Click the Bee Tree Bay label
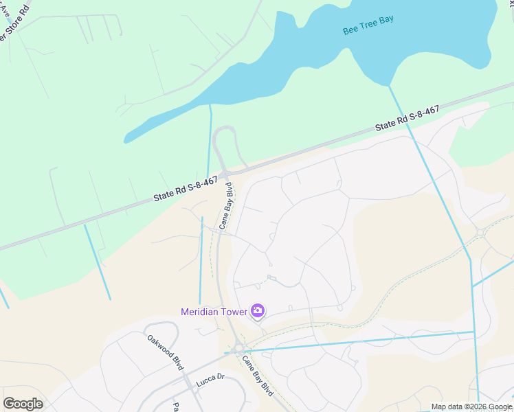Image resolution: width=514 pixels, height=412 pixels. click(368, 25)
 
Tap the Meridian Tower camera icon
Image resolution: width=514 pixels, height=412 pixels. click(258, 311)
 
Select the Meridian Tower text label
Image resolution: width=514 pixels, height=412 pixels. click(214, 312)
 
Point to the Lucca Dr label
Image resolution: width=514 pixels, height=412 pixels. click(210, 380)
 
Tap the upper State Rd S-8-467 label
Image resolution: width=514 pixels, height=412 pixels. click(407, 119)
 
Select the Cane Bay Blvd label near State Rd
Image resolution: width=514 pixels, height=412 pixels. click(226, 206)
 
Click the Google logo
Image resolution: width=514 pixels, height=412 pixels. click(23, 404)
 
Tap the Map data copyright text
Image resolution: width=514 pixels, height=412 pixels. click(471, 407)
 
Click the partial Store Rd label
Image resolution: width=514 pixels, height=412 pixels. click(15, 27)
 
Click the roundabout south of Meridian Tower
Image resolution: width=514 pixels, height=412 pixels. click(238, 350)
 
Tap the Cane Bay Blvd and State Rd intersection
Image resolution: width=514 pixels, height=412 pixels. click(225, 174)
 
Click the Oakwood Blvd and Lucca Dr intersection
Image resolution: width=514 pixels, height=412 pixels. click(187, 377)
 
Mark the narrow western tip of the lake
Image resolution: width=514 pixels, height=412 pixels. click(128, 139)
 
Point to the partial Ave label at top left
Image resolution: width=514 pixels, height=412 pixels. click(5, 9)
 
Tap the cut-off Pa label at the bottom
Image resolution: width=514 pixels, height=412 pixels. click(177, 407)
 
